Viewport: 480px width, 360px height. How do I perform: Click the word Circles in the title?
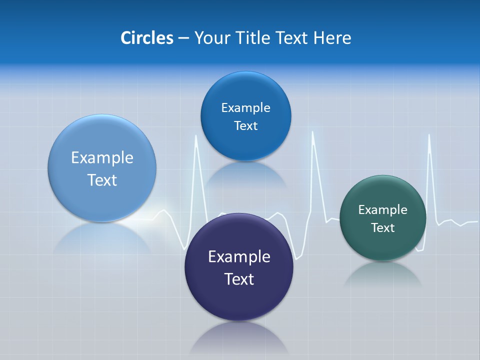[x=147, y=38]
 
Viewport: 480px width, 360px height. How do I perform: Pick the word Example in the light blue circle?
[x=102, y=158]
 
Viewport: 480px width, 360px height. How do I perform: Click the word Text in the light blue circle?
[x=102, y=180]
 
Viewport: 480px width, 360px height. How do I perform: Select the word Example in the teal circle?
[x=382, y=210]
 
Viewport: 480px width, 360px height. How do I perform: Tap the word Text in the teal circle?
[x=382, y=228]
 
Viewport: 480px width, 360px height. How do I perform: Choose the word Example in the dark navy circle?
[x=239, y=257]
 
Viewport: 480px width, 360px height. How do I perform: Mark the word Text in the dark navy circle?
[x=239, y=279]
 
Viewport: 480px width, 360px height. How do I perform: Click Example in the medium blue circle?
[x=245, y=108]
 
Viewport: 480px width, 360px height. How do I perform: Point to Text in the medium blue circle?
[x=245, y=126]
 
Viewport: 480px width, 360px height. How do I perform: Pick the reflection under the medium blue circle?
[x=245, y=175]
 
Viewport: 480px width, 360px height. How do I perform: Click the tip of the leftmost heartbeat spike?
[x=196, y=135]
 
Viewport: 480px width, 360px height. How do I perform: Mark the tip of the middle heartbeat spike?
[x=313, y=132]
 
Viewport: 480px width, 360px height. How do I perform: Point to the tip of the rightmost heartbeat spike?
[x=429, y=135]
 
